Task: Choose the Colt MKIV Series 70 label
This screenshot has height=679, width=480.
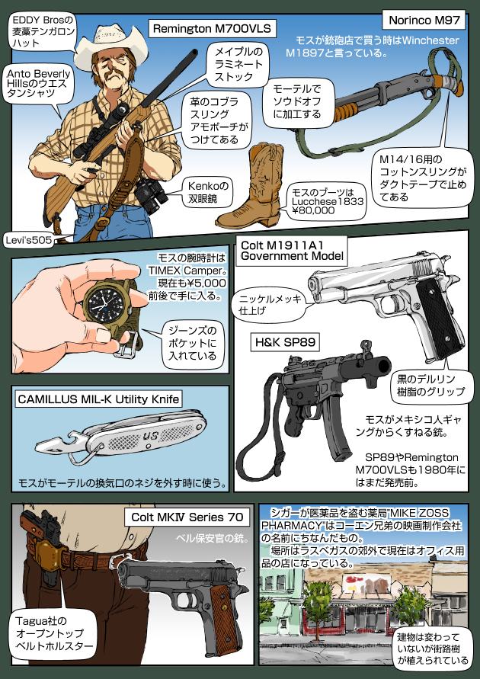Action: click(x=187, y=517)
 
